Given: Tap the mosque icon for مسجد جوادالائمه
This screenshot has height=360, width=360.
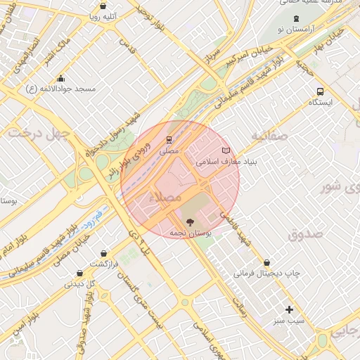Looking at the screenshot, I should tap(61, 78).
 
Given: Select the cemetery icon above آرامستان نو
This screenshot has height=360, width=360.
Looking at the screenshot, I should tap(296, 18).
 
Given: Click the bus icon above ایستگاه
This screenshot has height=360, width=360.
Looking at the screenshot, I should tap(321, 91).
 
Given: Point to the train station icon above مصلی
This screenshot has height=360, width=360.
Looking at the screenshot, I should tap(169, 140).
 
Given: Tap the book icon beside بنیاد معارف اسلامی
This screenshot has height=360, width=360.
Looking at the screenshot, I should tap(226, 150).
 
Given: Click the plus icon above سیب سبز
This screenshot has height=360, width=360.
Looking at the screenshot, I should tap(289, 309).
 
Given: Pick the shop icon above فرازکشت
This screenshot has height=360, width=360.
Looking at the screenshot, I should tap(104, 253).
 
